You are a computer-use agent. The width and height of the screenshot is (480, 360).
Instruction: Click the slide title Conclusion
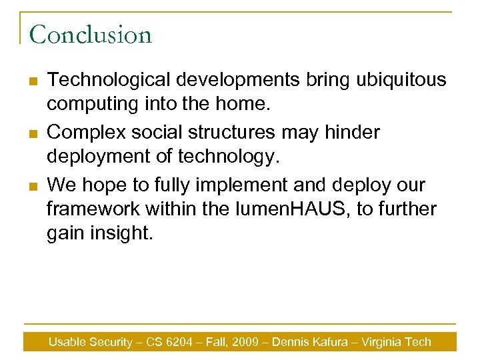point(91,34)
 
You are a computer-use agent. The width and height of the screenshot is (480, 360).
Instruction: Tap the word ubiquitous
point(404,80)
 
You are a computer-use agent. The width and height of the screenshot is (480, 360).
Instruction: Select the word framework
point(89,209)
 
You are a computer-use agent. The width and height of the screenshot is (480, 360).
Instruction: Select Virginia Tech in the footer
point(397,342)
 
